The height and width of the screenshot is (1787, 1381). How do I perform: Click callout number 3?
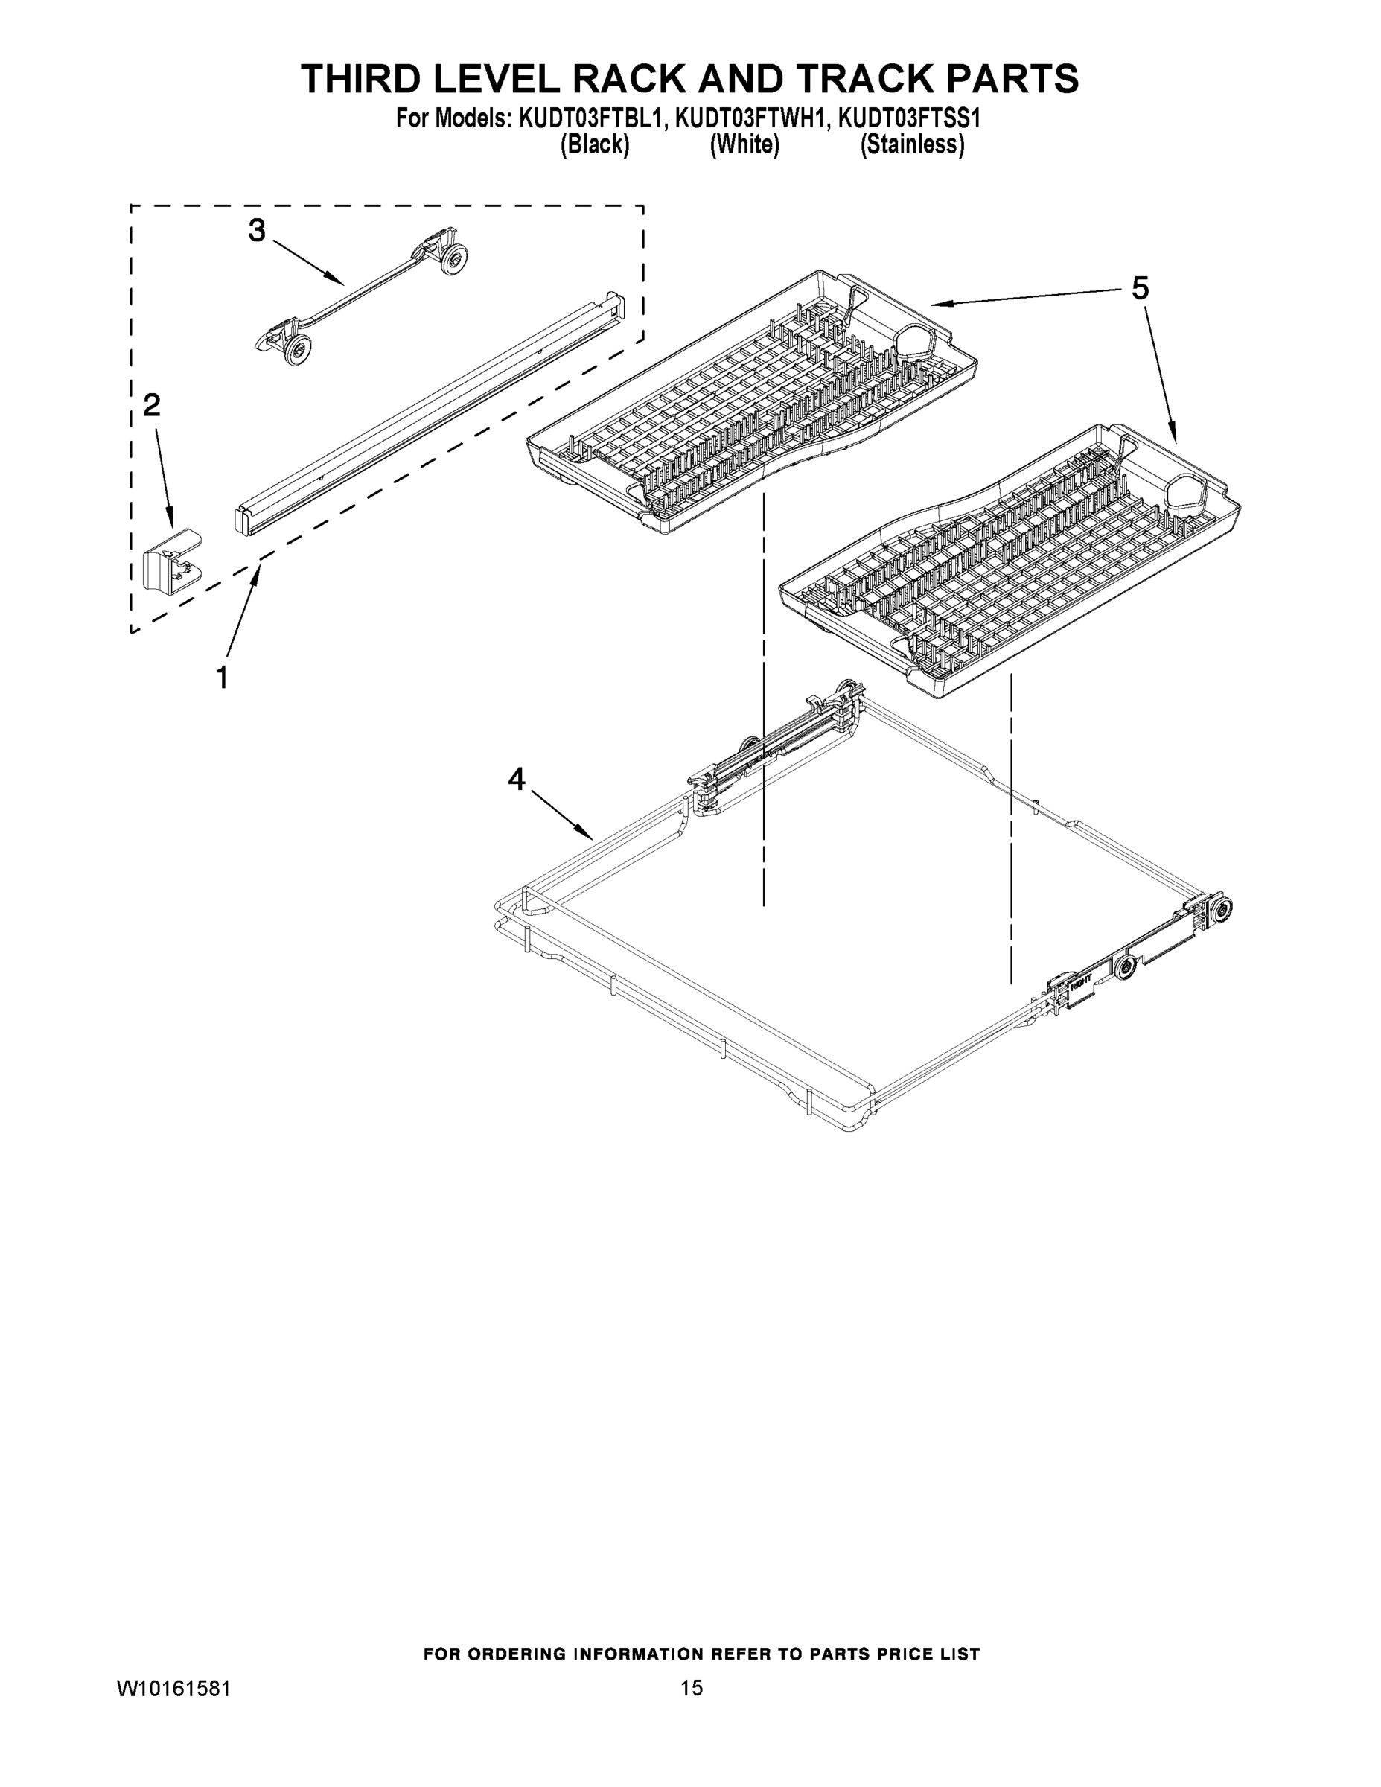(257, 231)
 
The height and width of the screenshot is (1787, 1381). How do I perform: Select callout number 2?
(152, 405)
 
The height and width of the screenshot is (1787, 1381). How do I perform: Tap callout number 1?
(222, 678)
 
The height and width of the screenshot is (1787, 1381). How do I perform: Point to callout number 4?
(516, 779)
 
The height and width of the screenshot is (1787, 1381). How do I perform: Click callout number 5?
(1140, 288)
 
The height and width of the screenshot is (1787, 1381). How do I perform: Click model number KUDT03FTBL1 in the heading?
(588, 118)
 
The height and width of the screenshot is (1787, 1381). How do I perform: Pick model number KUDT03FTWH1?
(747, 118)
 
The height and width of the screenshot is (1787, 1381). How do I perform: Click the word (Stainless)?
(911, 145)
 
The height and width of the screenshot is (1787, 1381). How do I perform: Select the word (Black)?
(595, 145)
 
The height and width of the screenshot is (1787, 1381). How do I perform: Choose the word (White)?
(744, 145)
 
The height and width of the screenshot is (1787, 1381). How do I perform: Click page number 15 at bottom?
(692, 1687)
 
